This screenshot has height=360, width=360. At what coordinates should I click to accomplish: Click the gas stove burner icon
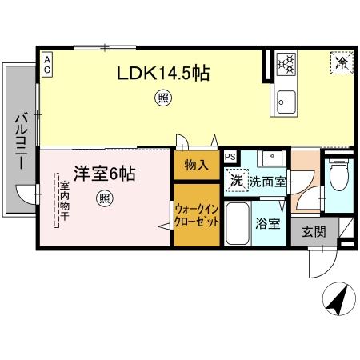click(286, 62)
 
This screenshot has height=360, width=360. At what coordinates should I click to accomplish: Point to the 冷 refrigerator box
click(341, 62)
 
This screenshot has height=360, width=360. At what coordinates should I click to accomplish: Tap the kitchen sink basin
click(285, 101)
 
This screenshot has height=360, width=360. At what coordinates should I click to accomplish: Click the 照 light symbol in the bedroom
click(104, 198)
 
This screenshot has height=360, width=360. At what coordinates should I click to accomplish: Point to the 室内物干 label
click(64, 200)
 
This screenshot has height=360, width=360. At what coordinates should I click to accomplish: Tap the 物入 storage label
click(196, 166)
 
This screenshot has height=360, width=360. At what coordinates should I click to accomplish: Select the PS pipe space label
click(230, 157)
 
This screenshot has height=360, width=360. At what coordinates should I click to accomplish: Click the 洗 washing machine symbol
click(236, 181)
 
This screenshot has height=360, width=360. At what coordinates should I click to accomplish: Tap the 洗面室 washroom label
click(266, 182)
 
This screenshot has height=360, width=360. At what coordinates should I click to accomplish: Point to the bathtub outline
click(237, 225)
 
